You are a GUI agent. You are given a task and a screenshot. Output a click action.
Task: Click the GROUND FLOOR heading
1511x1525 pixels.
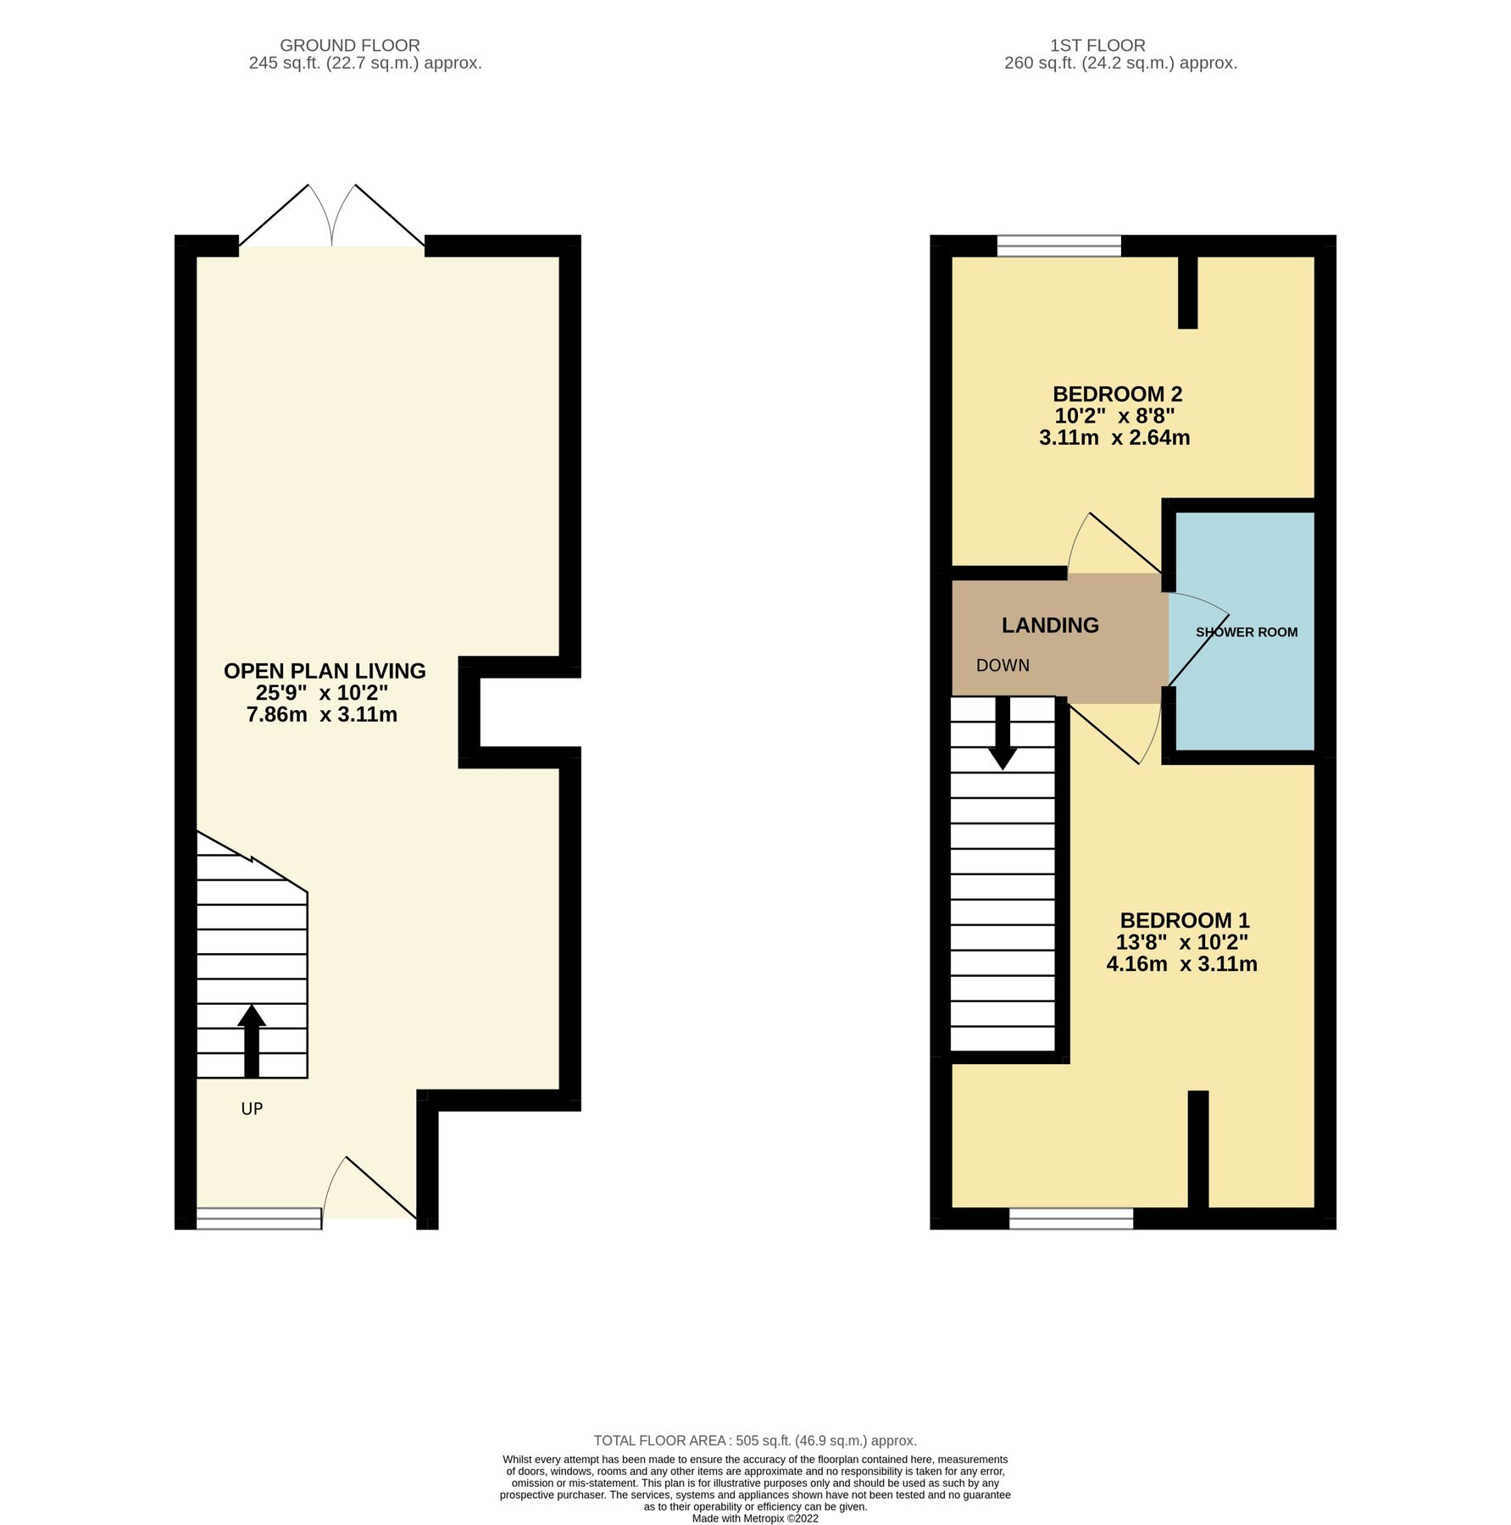[x=349, y=46]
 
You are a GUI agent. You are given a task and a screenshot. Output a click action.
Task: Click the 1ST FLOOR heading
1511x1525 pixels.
[x=1097, y=46]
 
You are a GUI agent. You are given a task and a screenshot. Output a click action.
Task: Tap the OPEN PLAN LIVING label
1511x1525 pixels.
[x=325, y=671]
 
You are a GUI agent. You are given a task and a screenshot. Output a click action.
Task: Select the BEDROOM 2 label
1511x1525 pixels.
[x=1117, y=394]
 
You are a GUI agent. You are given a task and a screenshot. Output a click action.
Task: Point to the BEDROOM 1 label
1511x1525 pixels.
[x=1184, y=920]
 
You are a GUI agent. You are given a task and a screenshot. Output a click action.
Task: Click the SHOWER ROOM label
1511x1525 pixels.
[x=1246, y=632]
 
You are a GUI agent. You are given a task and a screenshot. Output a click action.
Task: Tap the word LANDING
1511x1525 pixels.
[x=1049, y=625]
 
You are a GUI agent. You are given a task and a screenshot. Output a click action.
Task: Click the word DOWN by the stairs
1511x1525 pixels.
[x=1003, y=666]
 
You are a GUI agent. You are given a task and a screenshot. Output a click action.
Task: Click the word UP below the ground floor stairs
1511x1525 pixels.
[x=252, y=1108]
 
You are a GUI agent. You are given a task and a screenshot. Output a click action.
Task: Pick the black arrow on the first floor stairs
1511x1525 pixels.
[x=1003, y=734]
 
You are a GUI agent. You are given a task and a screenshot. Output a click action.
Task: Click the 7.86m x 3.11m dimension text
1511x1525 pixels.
[x=322, y=714]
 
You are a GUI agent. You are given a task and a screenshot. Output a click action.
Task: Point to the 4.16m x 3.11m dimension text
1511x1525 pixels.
[x=1181, y=964]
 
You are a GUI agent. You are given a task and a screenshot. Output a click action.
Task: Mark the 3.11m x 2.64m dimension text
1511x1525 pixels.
[x=1114, y=438]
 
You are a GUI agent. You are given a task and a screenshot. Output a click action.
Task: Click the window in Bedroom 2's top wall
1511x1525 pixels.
[x=1058, y=246]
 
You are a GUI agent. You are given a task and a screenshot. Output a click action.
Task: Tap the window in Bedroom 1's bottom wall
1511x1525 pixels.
[x=1070, y=1218]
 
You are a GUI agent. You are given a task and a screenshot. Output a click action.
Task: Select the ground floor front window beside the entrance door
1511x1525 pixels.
[x=259, y=1218]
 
